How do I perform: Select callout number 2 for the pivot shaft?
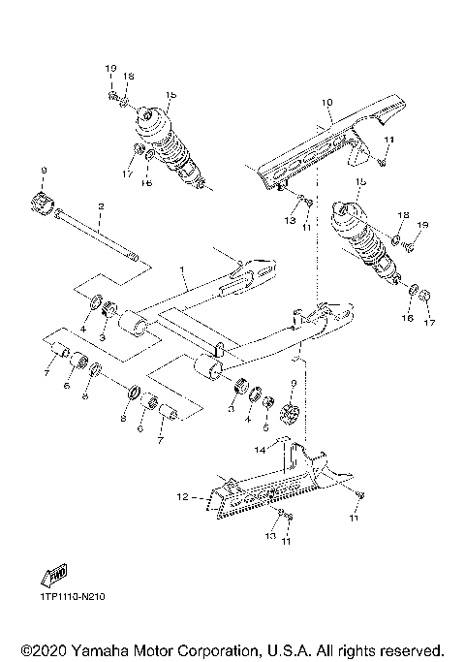point(100,205)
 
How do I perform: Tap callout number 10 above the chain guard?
point(326,102)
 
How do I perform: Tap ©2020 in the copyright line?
point(45,649)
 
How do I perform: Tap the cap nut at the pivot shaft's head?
point(43,204)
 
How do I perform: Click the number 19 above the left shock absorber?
point(110,68)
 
